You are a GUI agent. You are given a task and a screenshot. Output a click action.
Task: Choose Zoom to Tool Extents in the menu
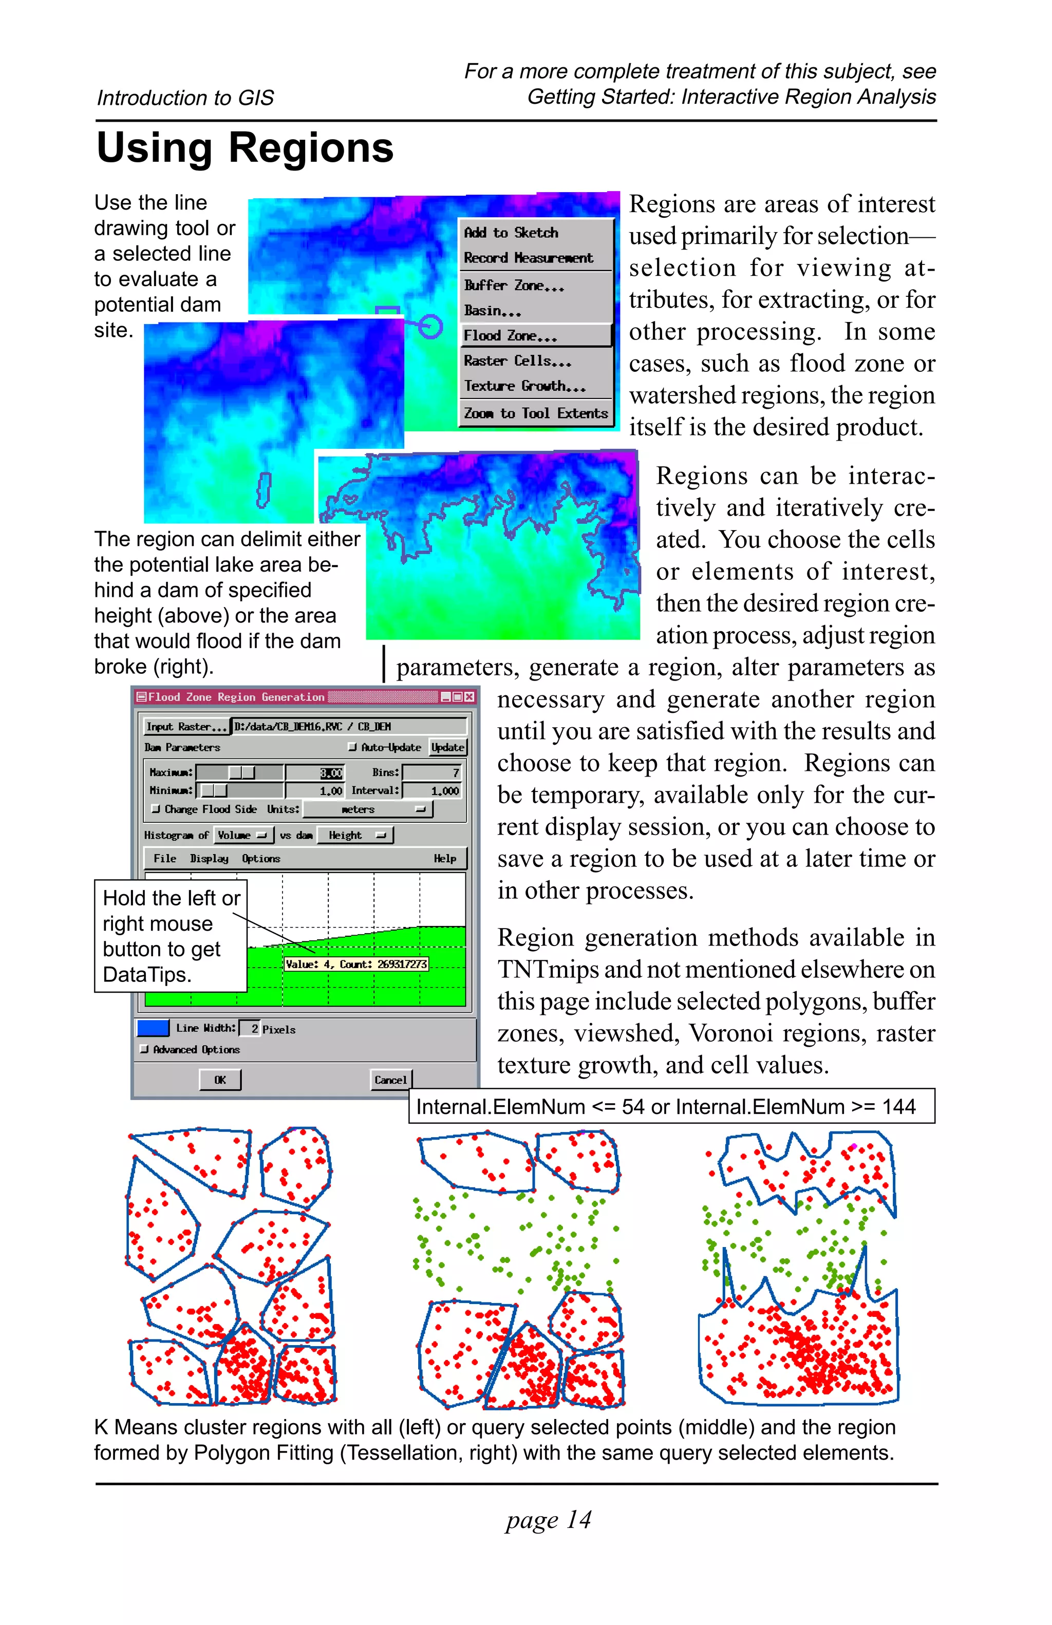pyautogui.click(x=535, y=413)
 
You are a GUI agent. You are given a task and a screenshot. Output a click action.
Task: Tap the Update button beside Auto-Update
pyautogui.click(x=447, y=747)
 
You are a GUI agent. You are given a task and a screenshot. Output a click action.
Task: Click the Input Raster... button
pyautogui.click(x=185, y=726)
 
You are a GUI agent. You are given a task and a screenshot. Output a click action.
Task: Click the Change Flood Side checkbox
pyautogui.click(x=156, y=809)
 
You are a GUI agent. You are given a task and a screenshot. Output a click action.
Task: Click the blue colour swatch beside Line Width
pyautogui.click(x=153, y=1028)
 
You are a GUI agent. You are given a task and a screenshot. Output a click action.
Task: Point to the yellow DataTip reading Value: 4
pyautogui.click(x=355, y=964)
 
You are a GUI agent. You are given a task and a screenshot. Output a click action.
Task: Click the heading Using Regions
pyautogui.click(x=245, y=147)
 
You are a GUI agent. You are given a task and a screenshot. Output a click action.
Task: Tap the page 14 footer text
pyautogui.click(x=548, y=1520)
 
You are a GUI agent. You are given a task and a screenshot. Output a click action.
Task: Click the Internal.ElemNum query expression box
pyautogui.click(x=671, y=1106)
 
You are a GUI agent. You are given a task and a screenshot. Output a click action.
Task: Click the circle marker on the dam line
pyautogui.click(x=429, y=326)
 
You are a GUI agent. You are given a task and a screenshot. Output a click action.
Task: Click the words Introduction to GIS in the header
pyautogui.click(x=185, y=98)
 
